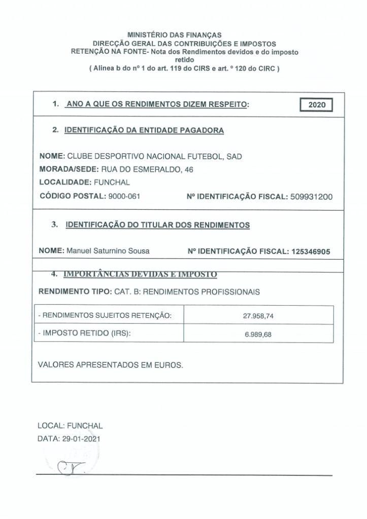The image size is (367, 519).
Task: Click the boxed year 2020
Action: tap(316, 105)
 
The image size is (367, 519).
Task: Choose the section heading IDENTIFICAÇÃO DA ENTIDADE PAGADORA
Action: tap(144, 130)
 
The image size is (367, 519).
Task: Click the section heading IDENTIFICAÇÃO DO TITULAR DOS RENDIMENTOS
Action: tap(157, 225)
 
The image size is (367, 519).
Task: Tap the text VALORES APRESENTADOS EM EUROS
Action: tap(111, 365)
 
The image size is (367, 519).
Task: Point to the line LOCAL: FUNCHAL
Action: tap(70, 426)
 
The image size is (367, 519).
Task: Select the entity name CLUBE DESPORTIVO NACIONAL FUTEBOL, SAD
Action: tap(154, 157)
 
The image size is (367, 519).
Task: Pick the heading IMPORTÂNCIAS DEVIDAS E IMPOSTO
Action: tap(140, 274)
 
